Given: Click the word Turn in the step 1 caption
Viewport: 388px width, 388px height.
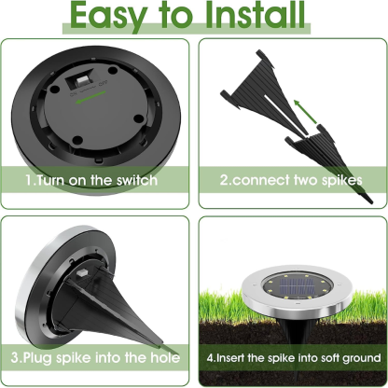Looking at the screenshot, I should click(55, 179).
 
